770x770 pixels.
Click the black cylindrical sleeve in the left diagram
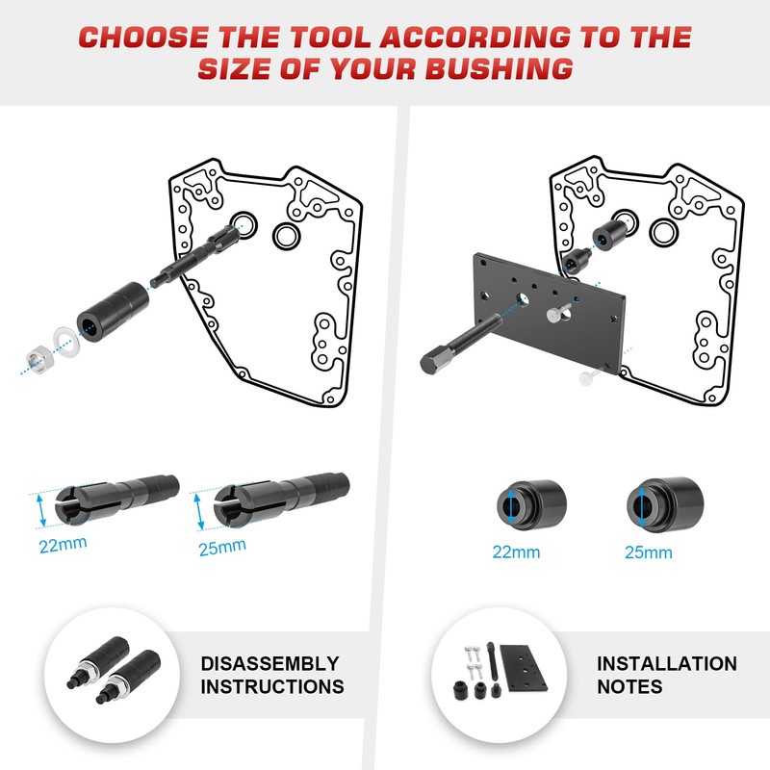113,312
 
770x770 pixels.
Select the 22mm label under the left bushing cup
517,552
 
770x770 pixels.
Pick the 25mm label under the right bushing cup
648,552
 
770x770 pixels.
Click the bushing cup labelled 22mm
530,504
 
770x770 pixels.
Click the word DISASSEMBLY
269,664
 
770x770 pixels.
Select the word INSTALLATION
666,664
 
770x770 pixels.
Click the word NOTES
629,687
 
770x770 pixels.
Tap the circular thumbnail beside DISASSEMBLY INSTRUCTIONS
112,675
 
